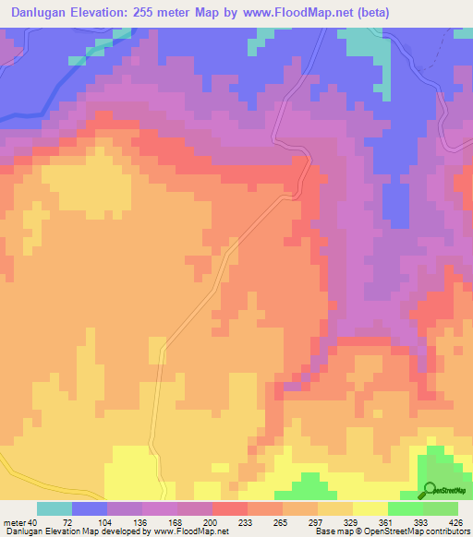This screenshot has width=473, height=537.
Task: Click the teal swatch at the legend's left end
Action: coord(55,509)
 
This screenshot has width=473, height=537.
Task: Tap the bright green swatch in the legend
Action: coord(405,509)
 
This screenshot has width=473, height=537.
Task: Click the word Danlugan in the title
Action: coord(38,13)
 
